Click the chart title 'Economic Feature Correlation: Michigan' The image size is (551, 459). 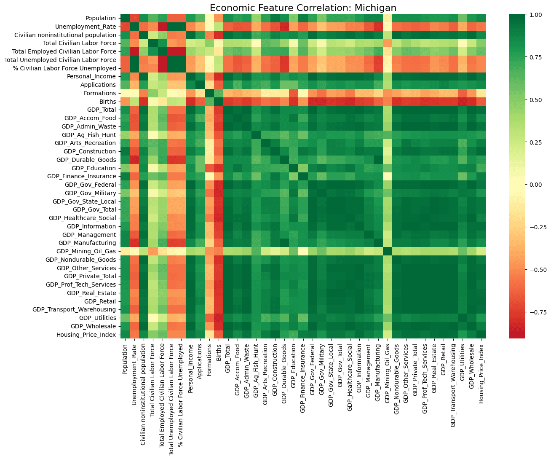[x=303, y=8]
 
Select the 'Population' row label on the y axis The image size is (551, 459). [x=101, y=18]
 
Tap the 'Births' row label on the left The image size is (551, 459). [x=108, y=102]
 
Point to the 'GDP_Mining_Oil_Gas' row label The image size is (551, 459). [x=86, y=252]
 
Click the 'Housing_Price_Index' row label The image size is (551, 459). [x=86, y=335]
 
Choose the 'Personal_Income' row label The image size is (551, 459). [x=91, y=77]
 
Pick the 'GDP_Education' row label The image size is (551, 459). [x=94, y=168]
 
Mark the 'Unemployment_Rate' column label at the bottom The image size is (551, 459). [x=134, y=374]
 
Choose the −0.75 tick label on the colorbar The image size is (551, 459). [x=532, y=312]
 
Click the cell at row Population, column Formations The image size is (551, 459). [x=209, y=18]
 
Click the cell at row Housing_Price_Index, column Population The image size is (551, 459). [x=125, y=335]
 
